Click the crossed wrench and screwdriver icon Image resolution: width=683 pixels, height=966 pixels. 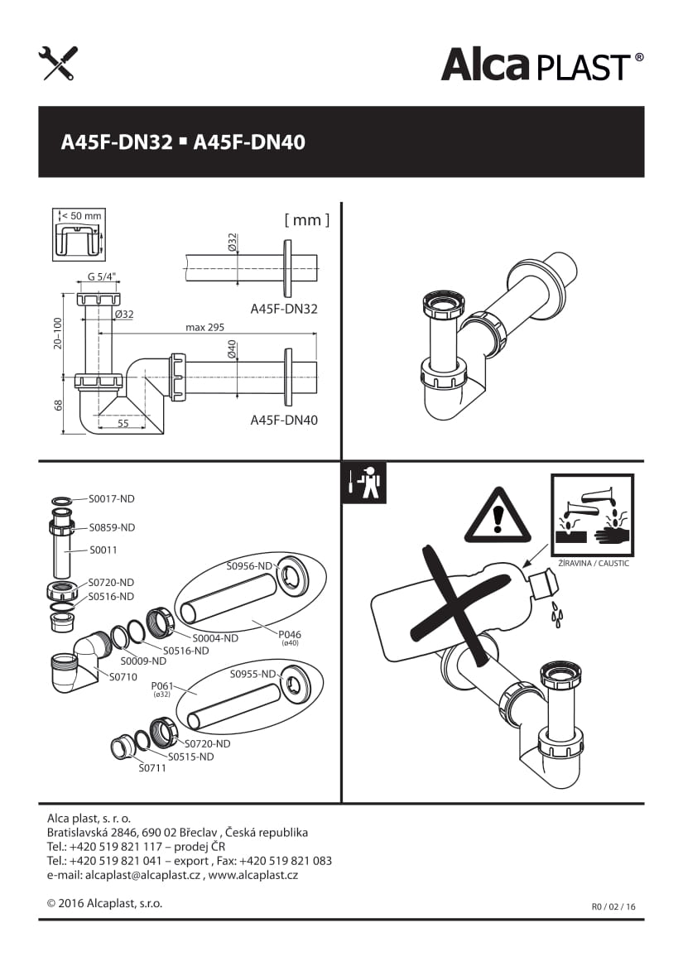(x=58, y=63)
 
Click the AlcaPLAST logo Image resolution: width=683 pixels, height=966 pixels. (x=542, y=65)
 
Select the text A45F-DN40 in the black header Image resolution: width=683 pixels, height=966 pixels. (x=250, y=142)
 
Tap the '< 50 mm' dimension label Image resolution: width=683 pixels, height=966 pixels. (x=81, y=215)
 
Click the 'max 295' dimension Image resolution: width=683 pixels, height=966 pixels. (x=204, y=327)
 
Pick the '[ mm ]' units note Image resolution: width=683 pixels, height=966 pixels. (x=307, y=220)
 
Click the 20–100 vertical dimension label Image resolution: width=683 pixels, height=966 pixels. (x=58, y=334)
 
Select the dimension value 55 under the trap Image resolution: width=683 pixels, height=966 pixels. (x=123, y=423)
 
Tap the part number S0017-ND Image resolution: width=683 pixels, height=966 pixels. (x=112, y=499)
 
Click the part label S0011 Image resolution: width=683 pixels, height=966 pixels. (x=103, y=550)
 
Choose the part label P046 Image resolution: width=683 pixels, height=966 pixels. (x=290, y=635)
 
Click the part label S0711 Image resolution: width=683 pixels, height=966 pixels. (x=152, y=768)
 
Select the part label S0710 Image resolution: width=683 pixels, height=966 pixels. (x=123, y=677)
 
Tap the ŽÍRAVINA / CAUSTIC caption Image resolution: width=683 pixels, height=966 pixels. (x=594, y=563)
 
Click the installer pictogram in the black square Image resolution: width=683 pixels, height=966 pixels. (x=364, y=483)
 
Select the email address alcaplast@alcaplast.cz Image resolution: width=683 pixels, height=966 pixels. (x=142, y=875)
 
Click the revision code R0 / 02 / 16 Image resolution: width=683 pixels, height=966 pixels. (x=613, y=906)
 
